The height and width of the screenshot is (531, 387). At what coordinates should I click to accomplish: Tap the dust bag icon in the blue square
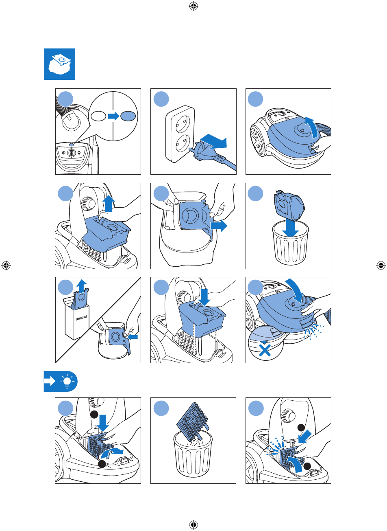[60, 64]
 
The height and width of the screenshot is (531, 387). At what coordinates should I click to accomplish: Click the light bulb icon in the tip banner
[67, 381]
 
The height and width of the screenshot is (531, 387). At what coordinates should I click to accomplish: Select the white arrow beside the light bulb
[50, 381]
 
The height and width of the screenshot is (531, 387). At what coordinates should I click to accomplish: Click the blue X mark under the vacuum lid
[265, 350]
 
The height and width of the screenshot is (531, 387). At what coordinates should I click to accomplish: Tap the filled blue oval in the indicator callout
[128, 116]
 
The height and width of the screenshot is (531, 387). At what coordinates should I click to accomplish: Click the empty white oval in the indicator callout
[99, 116]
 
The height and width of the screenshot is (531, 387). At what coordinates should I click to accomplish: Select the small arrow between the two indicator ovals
[113, 116]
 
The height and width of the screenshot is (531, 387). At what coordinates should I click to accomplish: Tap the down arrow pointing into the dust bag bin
[290, 228]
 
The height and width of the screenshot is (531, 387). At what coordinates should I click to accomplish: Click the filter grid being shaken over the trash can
[192, 421]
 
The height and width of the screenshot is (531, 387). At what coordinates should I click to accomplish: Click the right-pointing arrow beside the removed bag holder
[218, 226]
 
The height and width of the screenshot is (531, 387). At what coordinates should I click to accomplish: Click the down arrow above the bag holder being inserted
[204, 298]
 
